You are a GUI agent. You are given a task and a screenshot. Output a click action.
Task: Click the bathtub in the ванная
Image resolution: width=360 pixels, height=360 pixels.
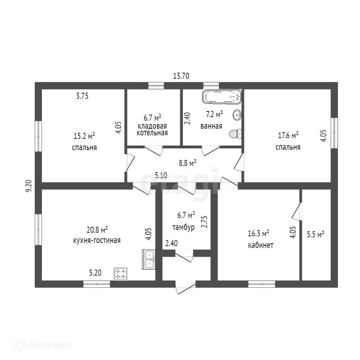(222, 97)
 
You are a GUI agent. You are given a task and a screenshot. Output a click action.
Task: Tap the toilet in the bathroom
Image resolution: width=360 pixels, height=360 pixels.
(235, 133)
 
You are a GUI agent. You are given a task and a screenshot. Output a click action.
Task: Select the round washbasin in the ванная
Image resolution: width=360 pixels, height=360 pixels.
(237, 114)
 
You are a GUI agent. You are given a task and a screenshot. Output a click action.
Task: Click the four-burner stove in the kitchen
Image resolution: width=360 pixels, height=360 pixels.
(121, 274)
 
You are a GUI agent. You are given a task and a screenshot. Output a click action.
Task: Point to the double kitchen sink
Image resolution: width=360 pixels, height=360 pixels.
(148, 259)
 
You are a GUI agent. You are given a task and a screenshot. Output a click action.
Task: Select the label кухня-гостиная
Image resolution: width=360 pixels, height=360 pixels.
(97, 240)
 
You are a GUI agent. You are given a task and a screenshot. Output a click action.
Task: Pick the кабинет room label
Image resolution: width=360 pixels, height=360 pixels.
(261, 245)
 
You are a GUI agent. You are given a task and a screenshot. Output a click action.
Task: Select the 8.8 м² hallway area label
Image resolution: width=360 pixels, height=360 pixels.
(187, 163)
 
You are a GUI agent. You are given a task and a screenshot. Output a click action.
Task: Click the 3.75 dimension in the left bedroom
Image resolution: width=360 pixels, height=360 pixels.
(82, 96)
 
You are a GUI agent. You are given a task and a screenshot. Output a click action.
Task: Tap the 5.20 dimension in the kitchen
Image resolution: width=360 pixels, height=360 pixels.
(95, 272)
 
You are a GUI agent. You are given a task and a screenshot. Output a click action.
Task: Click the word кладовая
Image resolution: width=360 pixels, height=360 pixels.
(152, 126)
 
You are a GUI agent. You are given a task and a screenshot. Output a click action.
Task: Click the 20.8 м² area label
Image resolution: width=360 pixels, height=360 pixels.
(97, 230)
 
